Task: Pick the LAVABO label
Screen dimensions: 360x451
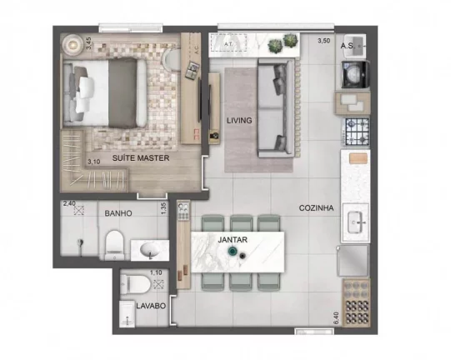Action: pyautogui.click(x=152, y=305)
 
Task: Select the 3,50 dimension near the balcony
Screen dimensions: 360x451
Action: pyautogui.click(x=323, y=40)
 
